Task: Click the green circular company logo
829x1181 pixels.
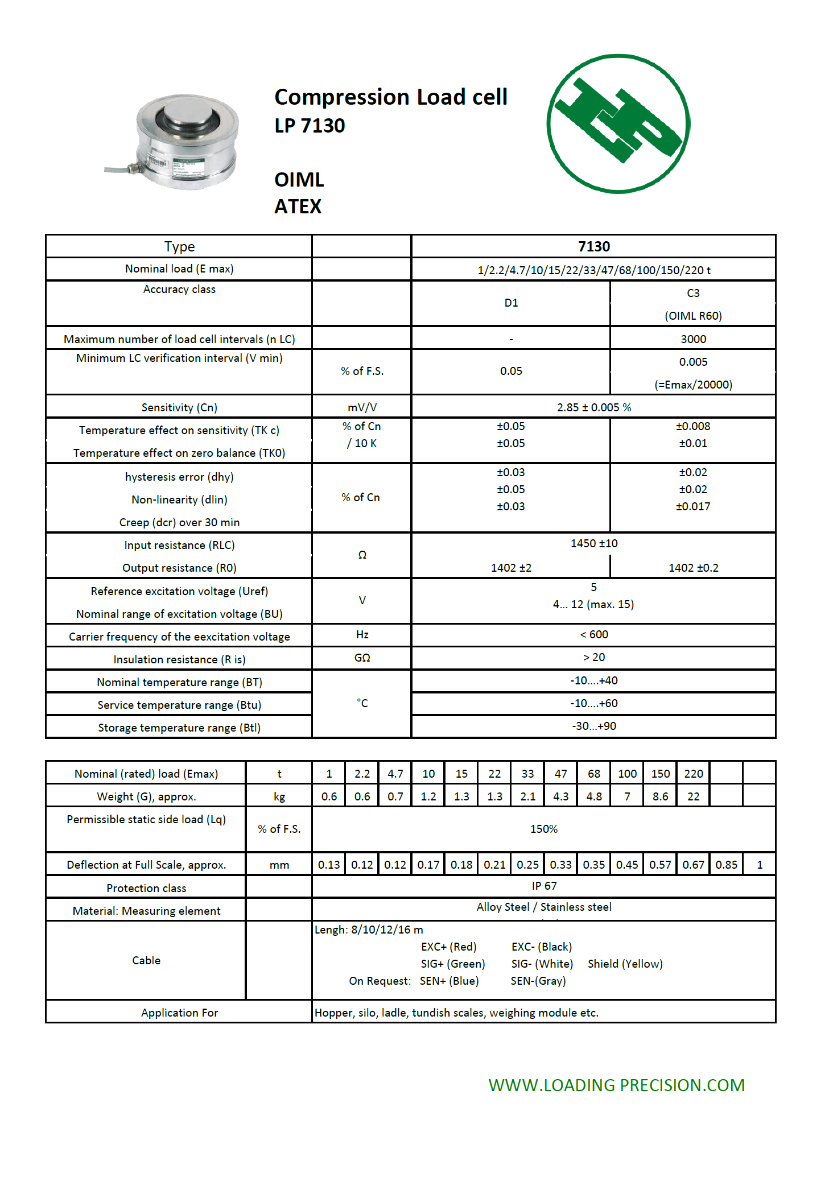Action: (618, 123)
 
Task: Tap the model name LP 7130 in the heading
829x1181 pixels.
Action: (310, 126)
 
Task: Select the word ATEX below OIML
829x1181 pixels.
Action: (298, 207)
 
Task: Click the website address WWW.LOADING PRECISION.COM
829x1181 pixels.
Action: (616, 1085)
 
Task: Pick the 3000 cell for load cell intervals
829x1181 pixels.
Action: (693, 339)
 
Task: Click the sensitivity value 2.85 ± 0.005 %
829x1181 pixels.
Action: (593, 407)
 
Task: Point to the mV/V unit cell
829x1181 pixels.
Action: (362, 407)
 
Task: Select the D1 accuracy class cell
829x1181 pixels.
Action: (511, 303)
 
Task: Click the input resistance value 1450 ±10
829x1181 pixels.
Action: (593, 543)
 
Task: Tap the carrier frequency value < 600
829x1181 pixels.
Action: (593, 634)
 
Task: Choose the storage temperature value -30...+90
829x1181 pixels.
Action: (593, 726)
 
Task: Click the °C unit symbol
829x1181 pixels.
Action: (362, 703)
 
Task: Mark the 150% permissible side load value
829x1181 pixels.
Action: (543, 829)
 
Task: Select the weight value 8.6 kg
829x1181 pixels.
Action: (660, 796)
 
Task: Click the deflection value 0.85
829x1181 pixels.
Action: (726, 865)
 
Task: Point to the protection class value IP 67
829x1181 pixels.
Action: (544, 886)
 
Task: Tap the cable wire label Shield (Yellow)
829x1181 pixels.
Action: (625, 964)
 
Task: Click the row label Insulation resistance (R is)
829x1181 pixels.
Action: (179, 659)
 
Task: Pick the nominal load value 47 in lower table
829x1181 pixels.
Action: (560, 774)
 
